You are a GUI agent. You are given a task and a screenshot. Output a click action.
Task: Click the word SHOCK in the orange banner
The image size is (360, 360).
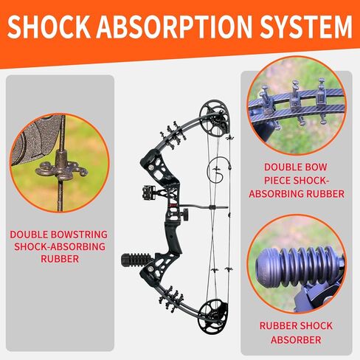click(49, 27)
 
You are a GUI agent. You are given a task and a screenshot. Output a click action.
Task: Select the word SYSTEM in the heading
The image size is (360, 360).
click(306, 27)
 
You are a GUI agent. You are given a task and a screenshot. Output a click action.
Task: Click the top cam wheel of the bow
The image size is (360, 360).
click(215, 117)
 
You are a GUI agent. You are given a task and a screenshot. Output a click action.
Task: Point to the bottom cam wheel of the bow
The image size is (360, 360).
click(213, 316)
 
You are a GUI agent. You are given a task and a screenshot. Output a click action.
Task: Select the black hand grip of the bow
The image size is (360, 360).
click(174, 238)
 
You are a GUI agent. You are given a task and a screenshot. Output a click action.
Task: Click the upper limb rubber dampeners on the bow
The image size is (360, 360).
click(173, 134)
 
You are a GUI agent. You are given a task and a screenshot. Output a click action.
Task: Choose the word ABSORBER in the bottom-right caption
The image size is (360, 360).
click(296, 340)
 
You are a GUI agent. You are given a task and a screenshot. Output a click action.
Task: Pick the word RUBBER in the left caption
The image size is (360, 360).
click(60, 259)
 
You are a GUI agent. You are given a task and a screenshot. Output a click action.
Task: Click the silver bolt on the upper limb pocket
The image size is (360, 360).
click(151, 167)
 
